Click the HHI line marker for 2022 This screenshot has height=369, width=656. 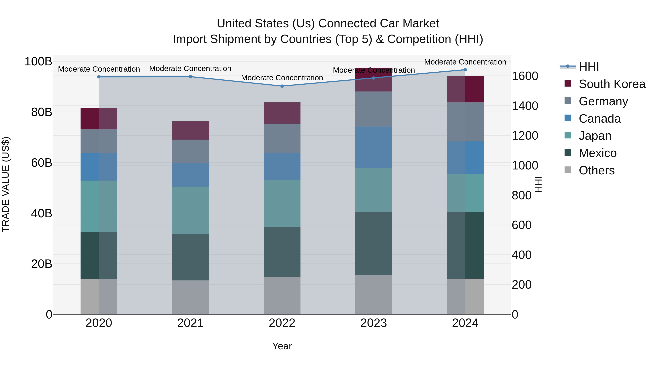[x=282, y=86]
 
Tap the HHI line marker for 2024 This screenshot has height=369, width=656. [x=465, y=70]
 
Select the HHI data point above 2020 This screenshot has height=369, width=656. [x=99, y=77]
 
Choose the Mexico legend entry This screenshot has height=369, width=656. [x=598, y=153]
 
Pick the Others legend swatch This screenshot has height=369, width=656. [x=568, y=170]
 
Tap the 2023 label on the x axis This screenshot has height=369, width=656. [x=373, y=323]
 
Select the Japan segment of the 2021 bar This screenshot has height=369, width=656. [x=190, y=210]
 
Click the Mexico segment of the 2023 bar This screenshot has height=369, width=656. [x=373, y=243]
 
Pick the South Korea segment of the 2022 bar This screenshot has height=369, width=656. [x=282, y=113]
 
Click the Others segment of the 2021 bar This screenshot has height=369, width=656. [x=190, y=297]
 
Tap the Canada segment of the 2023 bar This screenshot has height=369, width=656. [x=373, y=147]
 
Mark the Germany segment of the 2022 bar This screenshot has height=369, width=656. [x=282, y=138]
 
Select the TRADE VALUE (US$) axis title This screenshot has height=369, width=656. [x=6, y=184]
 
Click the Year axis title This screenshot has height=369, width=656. [x=282, y=346]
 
